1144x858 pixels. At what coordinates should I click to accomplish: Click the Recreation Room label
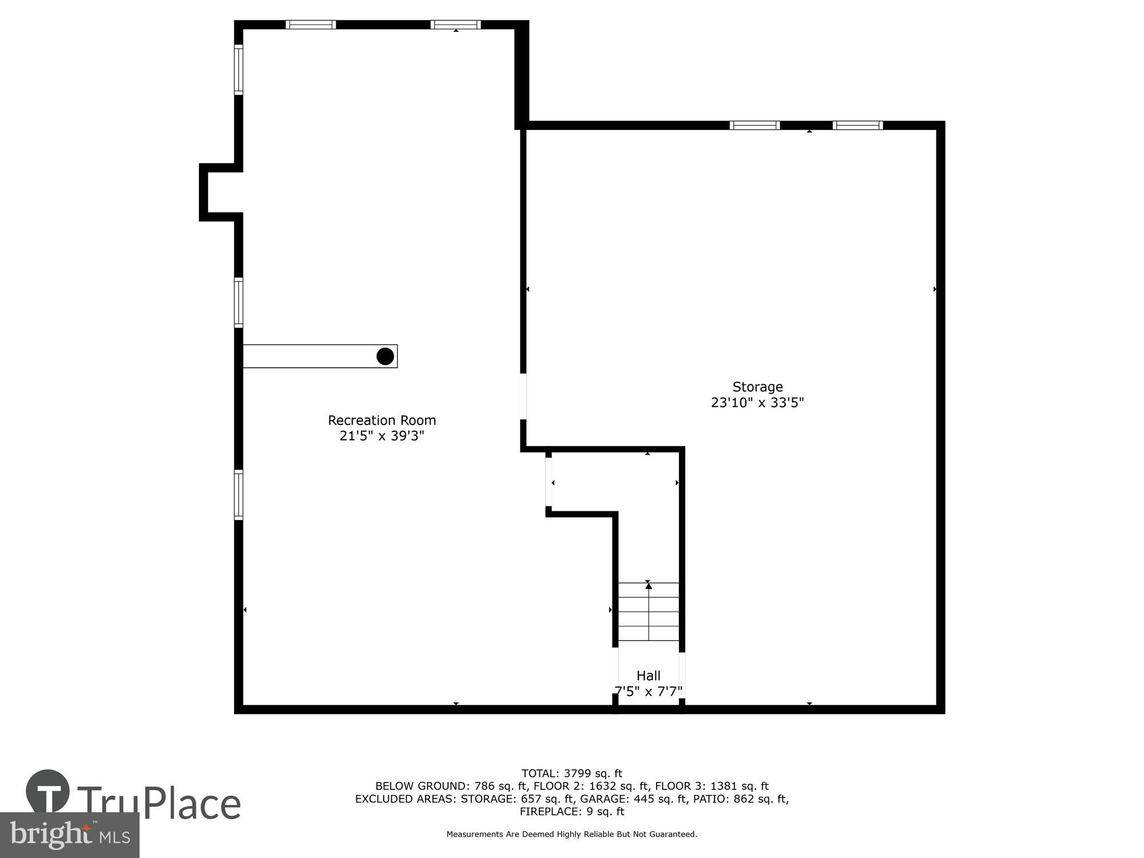382,420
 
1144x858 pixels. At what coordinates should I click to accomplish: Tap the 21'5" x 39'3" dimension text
382,436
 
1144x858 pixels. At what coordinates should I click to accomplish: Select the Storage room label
757,387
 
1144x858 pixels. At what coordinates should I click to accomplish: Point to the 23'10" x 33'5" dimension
757,403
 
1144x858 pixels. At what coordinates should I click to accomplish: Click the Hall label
648,676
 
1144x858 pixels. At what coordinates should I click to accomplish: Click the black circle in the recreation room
385,356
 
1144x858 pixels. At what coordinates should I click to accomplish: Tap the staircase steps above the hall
649,612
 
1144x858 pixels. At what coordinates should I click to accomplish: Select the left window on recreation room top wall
311,25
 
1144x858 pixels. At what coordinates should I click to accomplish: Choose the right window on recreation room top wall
455,25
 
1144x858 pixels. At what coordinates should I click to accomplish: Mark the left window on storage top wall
754,125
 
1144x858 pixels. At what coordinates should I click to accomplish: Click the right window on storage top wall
857,125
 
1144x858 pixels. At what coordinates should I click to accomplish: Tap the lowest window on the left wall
239,495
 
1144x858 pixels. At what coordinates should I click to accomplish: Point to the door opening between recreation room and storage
523,396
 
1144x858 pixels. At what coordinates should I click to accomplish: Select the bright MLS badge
69,835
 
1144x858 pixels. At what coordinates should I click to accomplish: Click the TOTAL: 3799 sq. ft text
571,774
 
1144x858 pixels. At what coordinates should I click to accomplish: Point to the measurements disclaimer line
571,835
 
